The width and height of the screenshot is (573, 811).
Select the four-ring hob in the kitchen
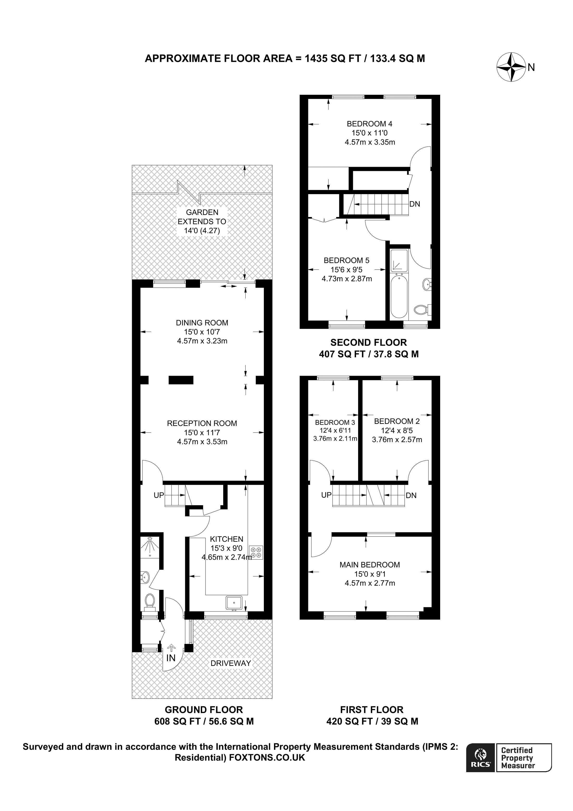256,553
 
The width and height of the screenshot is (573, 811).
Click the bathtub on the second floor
399,297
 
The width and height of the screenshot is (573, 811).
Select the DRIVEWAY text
231,663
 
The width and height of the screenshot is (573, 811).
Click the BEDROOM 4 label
369,124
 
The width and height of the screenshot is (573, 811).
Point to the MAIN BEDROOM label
370,565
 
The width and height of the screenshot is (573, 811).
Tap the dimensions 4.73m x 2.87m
347,279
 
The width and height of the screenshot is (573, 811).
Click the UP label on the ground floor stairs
159,495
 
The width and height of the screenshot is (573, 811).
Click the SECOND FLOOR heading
369,342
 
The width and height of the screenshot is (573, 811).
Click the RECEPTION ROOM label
202,423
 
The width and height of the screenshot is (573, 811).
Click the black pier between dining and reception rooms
181,380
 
